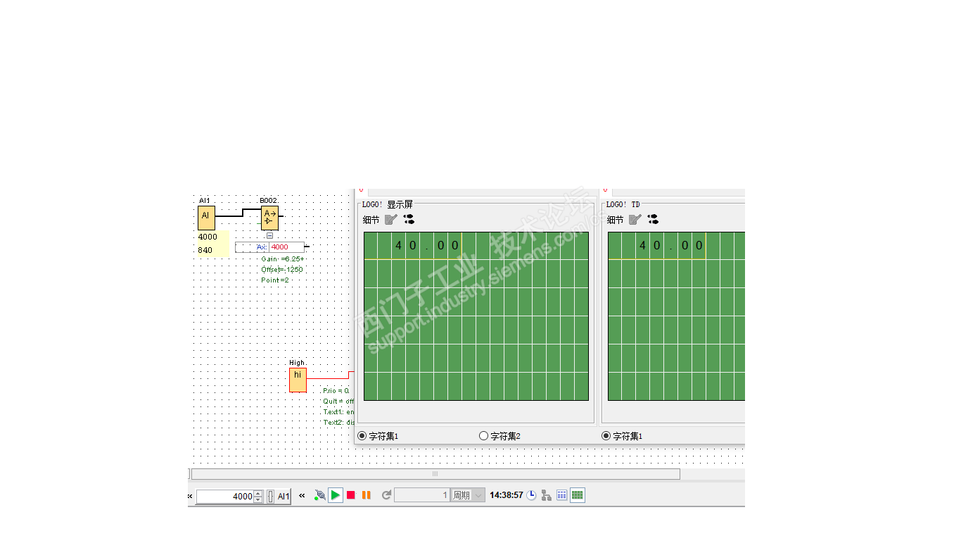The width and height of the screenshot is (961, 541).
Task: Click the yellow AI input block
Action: (206, 218)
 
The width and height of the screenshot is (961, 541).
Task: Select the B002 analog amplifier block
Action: (269, 218)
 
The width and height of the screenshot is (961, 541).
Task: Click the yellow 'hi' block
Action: (298, 380)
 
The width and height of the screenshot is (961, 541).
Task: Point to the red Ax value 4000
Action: (280, 247)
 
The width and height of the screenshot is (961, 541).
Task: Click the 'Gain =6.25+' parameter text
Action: (282, 259)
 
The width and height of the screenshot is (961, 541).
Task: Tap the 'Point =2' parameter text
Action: (274, 280)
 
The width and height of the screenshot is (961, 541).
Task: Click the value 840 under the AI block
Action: (205, 250)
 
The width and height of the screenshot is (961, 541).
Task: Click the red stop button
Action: (351, 495)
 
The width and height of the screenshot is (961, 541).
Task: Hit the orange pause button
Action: (366, 495)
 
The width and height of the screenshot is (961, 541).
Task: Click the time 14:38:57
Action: (506, 495)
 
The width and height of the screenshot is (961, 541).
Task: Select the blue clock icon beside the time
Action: (531, 495)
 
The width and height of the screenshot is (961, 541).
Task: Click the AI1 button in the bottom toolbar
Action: (284, 496)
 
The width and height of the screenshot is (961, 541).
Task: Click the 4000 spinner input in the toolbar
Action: (225, 497)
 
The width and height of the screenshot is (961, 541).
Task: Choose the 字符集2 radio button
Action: (483, 436)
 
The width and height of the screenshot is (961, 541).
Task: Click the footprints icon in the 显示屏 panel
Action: (409, 219)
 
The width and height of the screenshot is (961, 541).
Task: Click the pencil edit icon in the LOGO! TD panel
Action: (635, 219)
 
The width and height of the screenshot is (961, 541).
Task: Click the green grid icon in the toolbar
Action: (577, 495)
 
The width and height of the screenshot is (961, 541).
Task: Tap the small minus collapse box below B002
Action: (269, 236)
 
